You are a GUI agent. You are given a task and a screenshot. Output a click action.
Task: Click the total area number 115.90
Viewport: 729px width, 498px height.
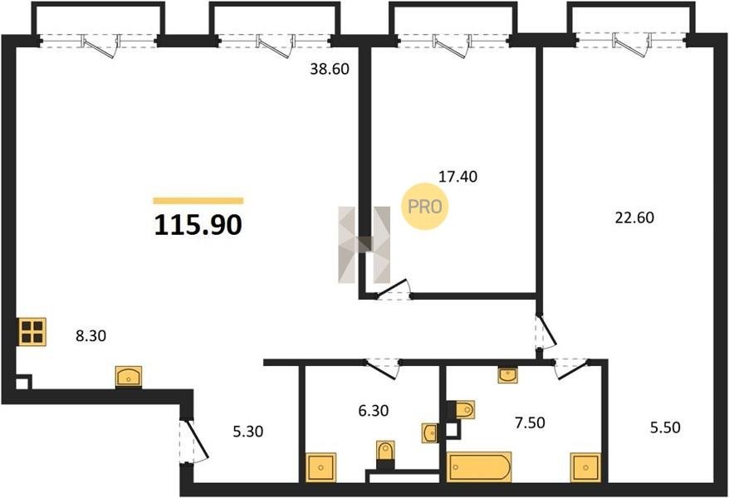pos(198,225)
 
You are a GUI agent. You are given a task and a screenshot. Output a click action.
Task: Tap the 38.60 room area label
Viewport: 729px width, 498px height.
pos(329,69)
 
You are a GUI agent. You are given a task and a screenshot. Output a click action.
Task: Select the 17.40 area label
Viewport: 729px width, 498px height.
pos(458,177)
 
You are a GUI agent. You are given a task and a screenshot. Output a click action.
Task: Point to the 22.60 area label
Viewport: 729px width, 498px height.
pos(634,217)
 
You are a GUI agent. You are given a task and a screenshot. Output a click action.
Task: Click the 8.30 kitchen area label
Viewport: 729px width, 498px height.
pos(91,335)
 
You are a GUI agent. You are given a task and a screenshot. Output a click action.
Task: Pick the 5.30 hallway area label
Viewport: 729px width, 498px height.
pos(247,431)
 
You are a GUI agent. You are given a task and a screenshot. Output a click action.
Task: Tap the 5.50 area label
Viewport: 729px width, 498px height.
pos(665,427)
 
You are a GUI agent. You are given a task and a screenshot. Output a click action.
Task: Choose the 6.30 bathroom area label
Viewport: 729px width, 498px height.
pos(374,411)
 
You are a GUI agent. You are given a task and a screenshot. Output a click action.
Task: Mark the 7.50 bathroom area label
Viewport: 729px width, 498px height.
pos(530,422)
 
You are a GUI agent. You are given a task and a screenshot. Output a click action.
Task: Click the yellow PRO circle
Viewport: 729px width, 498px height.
pos(424,207)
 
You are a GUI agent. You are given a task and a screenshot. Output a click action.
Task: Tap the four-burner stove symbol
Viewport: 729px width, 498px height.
pos(32,332)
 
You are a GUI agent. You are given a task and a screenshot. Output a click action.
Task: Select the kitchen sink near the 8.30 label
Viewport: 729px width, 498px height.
pos(129,376)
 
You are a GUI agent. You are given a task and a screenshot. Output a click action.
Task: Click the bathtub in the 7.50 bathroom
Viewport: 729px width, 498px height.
pos(479,466)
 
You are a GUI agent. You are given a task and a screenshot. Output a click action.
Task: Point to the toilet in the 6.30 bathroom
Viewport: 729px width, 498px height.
pos(385,451)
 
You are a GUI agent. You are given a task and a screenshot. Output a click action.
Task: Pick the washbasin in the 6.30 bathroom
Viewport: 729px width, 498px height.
pos(429,433)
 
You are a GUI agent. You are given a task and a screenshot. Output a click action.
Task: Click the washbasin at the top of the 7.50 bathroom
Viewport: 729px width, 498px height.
pos(507,374)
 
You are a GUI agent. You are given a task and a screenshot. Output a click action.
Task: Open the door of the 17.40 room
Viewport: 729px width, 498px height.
pos(393,290)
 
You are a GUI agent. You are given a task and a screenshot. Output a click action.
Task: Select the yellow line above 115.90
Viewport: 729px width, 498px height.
pos(198,201)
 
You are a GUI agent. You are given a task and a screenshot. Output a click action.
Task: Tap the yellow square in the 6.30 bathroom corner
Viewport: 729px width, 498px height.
pos(320,466)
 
